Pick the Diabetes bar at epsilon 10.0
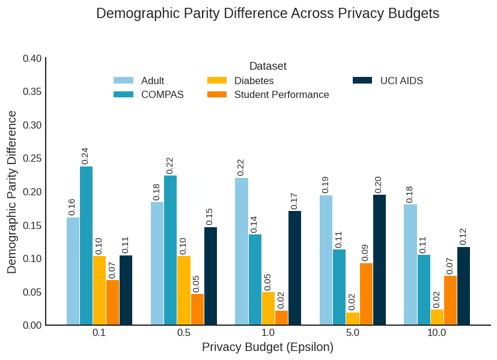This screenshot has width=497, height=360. pos(437,317)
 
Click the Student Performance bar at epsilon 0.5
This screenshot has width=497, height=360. pos(197,310)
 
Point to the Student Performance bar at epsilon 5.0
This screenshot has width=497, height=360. pos(366,294)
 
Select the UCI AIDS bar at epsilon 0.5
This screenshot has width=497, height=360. pos(210,276)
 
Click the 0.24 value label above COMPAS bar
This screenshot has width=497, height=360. pos(85,156)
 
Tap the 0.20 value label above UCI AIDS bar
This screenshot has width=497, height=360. pos(379,185)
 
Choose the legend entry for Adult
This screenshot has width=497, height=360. pos(153,81)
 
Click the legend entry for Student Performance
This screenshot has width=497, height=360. pos(281,94)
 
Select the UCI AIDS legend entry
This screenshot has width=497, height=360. pos(401,81)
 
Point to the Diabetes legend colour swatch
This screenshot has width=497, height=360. pos(217,81)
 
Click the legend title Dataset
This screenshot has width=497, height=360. pos(268,66)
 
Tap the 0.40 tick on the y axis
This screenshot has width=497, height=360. pos(32,58)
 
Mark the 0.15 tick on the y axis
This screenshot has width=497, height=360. pos(32,225)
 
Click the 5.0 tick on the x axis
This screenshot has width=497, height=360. pos(353,333)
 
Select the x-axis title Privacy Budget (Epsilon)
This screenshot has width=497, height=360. pos(267,347)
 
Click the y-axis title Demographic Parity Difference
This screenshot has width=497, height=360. pos(12,192)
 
